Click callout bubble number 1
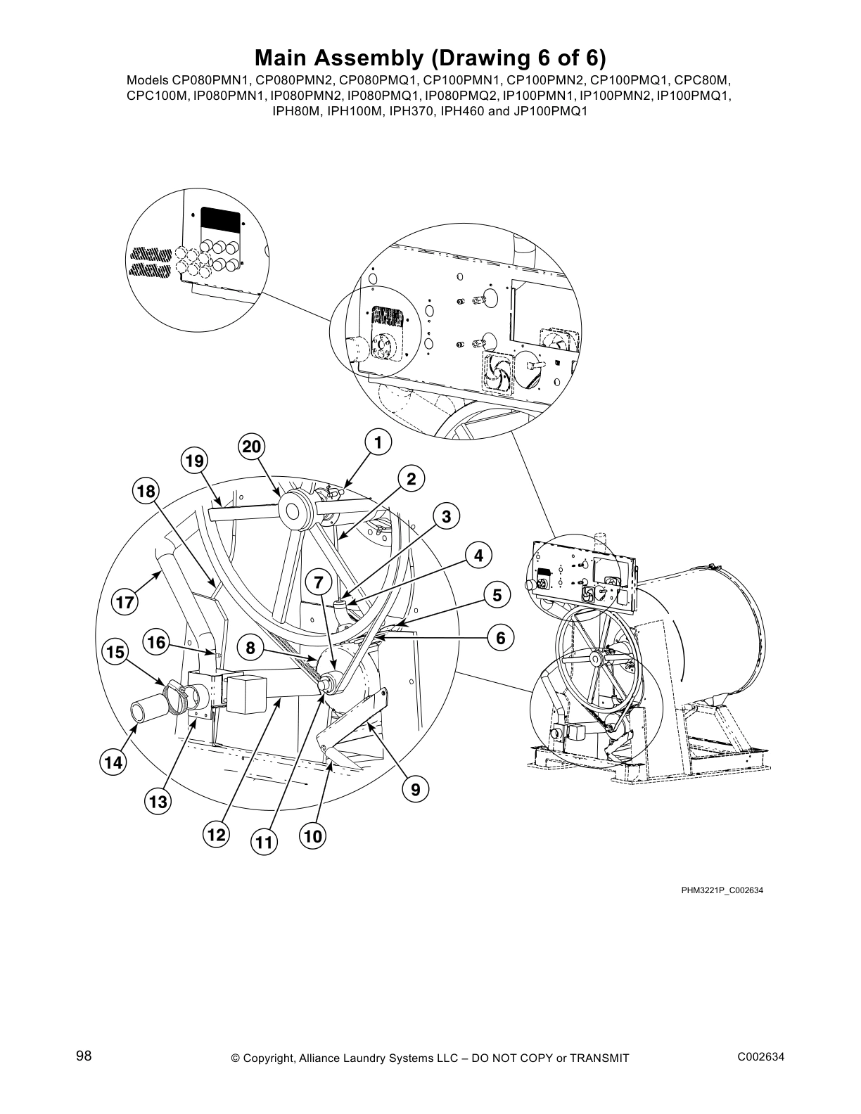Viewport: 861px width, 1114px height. tap(378, 443)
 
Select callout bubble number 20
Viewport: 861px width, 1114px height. tap(251, 447)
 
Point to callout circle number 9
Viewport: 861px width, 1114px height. tap(416, 790)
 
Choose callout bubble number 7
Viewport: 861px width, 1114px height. tap(318, 582)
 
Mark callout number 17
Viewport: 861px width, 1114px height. tap(125, 603)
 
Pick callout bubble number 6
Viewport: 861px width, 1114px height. tap(500, 638)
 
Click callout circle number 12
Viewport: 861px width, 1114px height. tap(215, 835)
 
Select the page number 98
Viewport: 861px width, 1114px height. tap(84, 1056)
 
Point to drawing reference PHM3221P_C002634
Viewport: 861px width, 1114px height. tap(722, 890)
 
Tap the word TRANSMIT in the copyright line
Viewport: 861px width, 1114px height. tap(599, 1058)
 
